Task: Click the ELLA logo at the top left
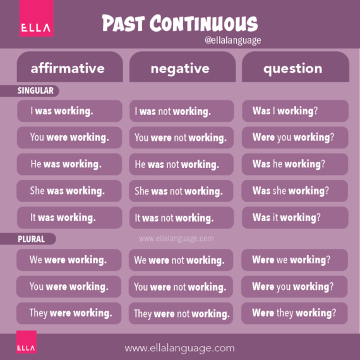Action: coord(37,19)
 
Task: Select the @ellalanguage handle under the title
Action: coord(233,40)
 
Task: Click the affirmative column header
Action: coord(68,68)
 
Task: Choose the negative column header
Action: coord(181,68)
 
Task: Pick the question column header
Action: coord(293,68)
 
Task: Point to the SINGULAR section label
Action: coord(37,91)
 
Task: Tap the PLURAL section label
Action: coord(32,239)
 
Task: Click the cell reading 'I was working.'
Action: coord(69,111)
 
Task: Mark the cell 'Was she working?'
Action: coord(294,191)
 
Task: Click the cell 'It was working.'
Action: coord(69,217)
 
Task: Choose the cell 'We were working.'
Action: coord(69,260)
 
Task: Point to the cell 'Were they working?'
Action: coord(294,313)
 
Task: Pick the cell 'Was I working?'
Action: coord(294,111)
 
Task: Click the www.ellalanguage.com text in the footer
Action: coord(180,347)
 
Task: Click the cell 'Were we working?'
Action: coord(294,260)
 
